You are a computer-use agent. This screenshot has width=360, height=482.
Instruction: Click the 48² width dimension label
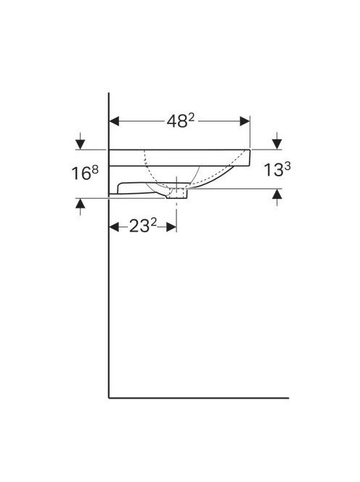[x=181, y=120]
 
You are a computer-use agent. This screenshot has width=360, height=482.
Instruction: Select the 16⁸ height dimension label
[x=85, y=173]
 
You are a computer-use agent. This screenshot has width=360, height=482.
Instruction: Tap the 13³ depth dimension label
[x=277, y=170]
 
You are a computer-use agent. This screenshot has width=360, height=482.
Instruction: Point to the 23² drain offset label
[x=143, y=226]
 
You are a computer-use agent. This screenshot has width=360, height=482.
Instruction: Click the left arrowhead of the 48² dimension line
[x=115, y=121]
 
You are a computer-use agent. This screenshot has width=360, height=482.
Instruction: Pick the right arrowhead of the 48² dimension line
[x=245, y=121]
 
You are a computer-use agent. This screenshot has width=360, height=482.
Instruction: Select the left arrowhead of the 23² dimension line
[x=115, y=227]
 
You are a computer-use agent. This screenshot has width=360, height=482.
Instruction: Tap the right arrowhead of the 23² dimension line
[x=171, y=227]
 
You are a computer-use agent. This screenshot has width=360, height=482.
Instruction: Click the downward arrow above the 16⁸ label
[x=81, y=142]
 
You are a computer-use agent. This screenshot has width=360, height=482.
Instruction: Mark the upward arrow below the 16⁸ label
[x=81, y=207]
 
